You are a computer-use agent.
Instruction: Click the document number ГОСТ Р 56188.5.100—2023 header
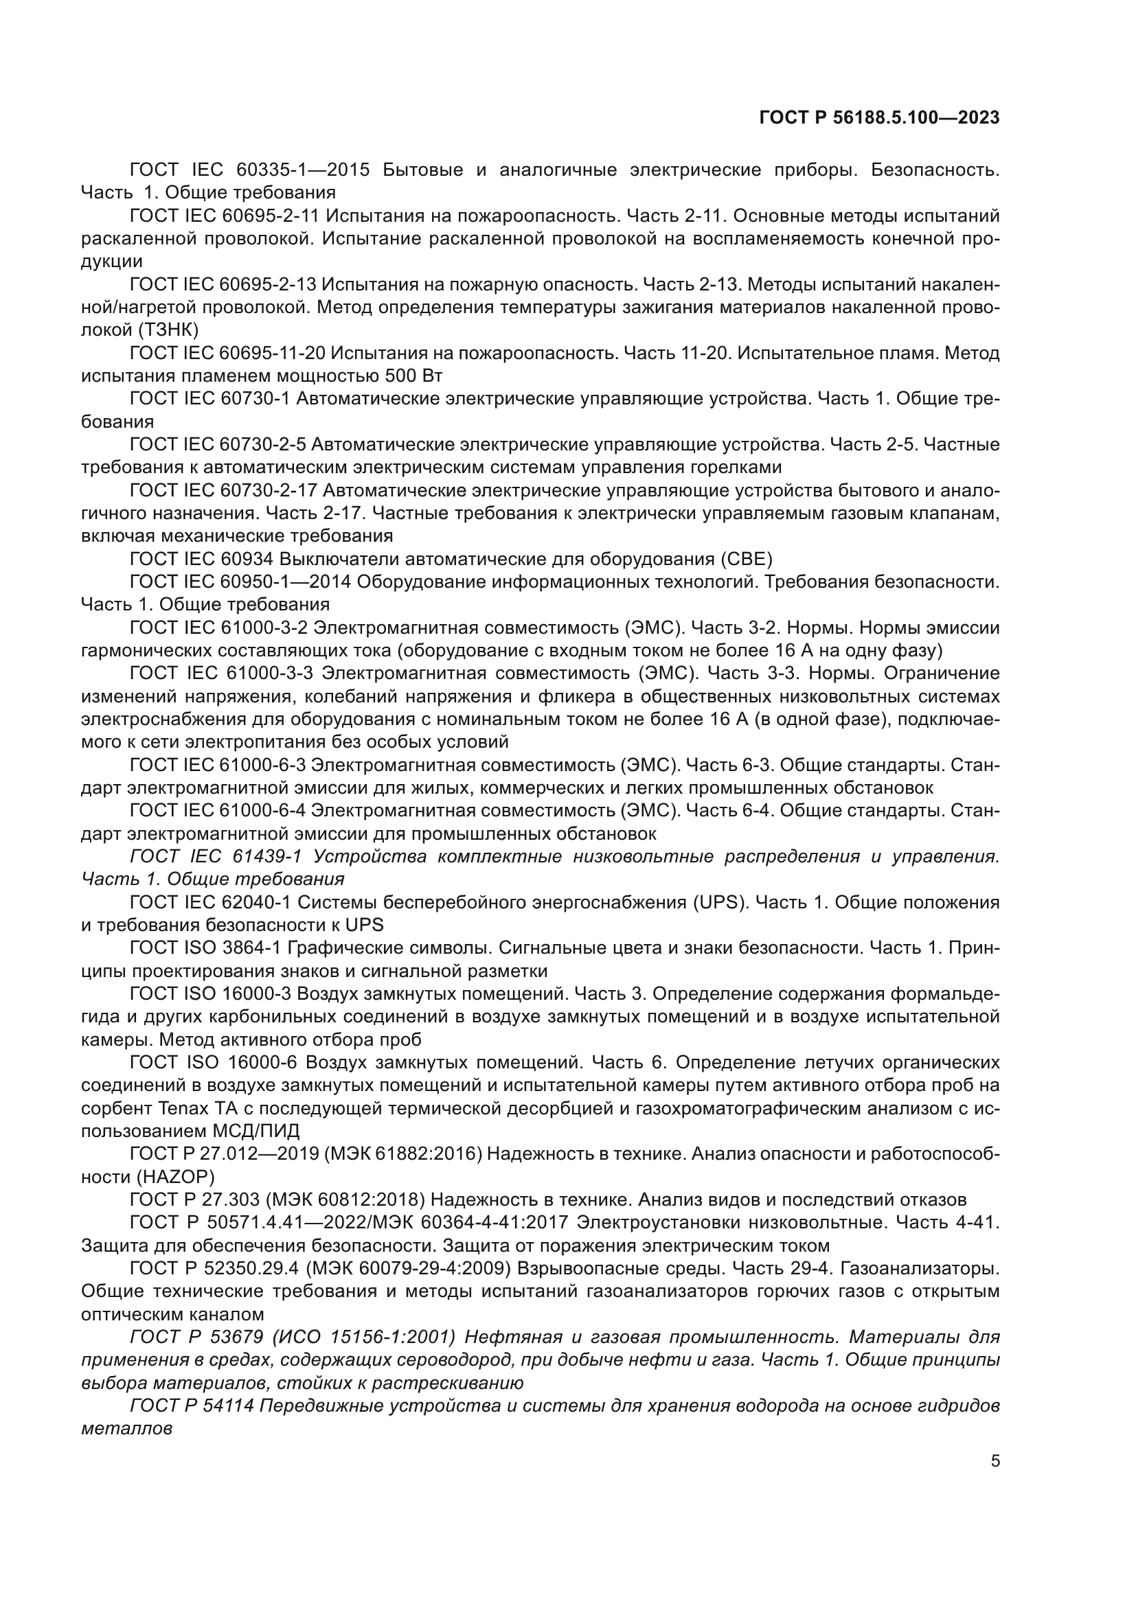(x=878, y=117)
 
